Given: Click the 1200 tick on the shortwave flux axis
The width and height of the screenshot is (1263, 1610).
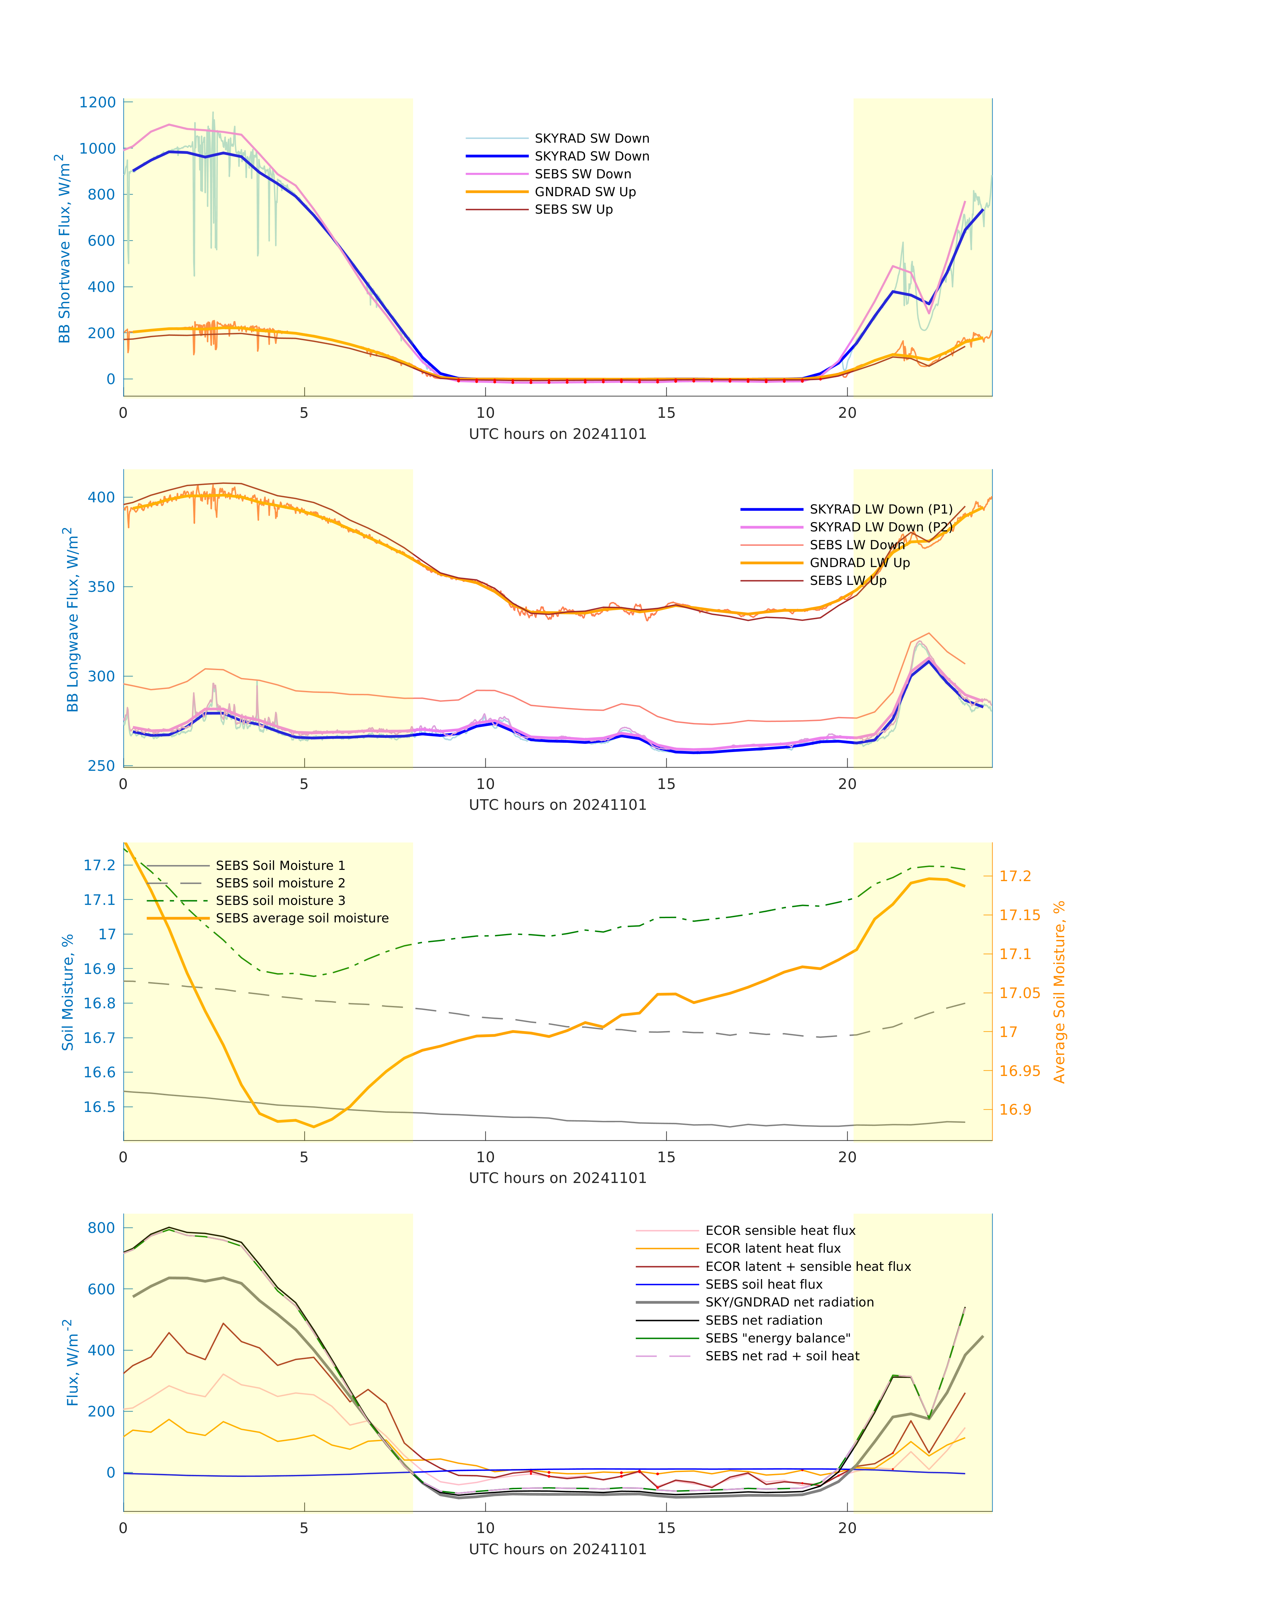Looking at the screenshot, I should [x=98, y=103].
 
